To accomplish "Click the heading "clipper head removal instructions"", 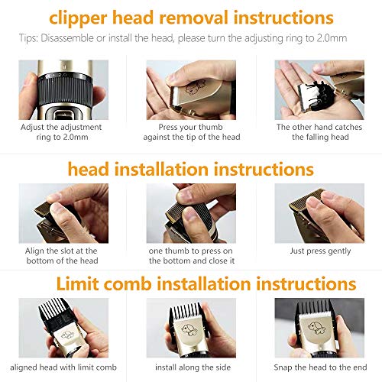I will point(191,17).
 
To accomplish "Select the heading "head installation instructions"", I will point(191,168).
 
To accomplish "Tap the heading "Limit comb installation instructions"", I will point(191,284).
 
